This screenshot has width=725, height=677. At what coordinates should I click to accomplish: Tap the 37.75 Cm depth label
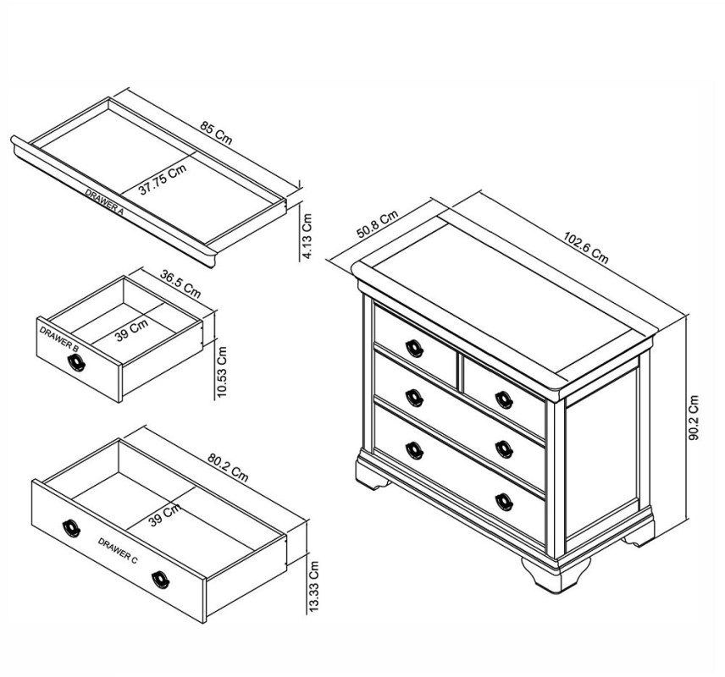pos(163,181)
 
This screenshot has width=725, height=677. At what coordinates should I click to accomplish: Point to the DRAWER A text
pos(104,204)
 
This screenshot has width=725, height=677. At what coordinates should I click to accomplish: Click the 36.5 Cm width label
pos(180,283)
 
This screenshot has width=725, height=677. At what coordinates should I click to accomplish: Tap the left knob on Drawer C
pos(70,528)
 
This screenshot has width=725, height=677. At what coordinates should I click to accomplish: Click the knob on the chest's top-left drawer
pos(414,346)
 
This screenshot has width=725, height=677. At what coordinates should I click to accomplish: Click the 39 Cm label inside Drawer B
pos(131,329)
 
